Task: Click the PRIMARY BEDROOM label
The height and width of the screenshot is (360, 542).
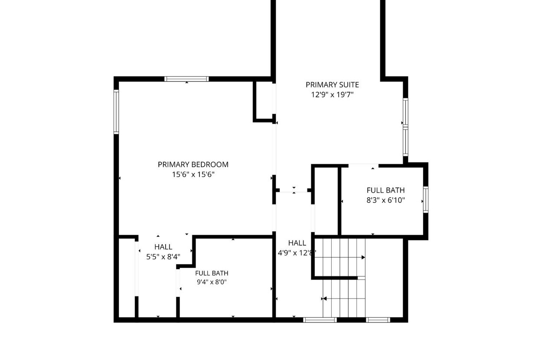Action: click(x=193, y=165)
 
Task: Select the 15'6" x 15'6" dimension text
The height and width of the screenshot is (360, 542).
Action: click(x=193, y=174)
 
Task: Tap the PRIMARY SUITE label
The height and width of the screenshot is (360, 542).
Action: click(x=332, y=84)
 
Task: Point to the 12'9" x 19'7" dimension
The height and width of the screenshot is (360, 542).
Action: click(x=332, y=94)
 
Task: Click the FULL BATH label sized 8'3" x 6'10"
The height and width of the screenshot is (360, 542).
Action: click(x=386, y=190)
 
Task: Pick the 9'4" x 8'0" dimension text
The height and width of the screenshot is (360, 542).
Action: click(x=212, y=282)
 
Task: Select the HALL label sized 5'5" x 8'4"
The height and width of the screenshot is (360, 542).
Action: click(x=163, y=247)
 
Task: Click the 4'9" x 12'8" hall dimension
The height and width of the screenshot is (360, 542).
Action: click(x=297, y=253)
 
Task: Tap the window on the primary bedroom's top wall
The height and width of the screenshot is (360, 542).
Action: click(x=186, y=79)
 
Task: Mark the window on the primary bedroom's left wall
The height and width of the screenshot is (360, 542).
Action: click(x=116, y=112)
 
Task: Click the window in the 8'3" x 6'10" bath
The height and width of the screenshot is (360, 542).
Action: click(x=426, y=199)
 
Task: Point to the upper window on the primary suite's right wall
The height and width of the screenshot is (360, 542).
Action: click(x=405, y=112)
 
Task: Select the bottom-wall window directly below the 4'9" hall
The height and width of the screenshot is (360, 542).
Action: click(x=320, y=320)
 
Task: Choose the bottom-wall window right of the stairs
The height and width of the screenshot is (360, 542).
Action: click(x=378, y=320)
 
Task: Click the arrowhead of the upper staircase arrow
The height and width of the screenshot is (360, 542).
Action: click(x=363, y=257)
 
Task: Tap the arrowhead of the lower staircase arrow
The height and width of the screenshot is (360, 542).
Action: click(x=325, y=299)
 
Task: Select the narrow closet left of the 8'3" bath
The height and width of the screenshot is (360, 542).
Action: click(x=326, y=201)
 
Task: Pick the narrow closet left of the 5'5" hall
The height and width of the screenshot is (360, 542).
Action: click(x=127, y=278)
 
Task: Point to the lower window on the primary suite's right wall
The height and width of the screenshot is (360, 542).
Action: click(x=405, y=141)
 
